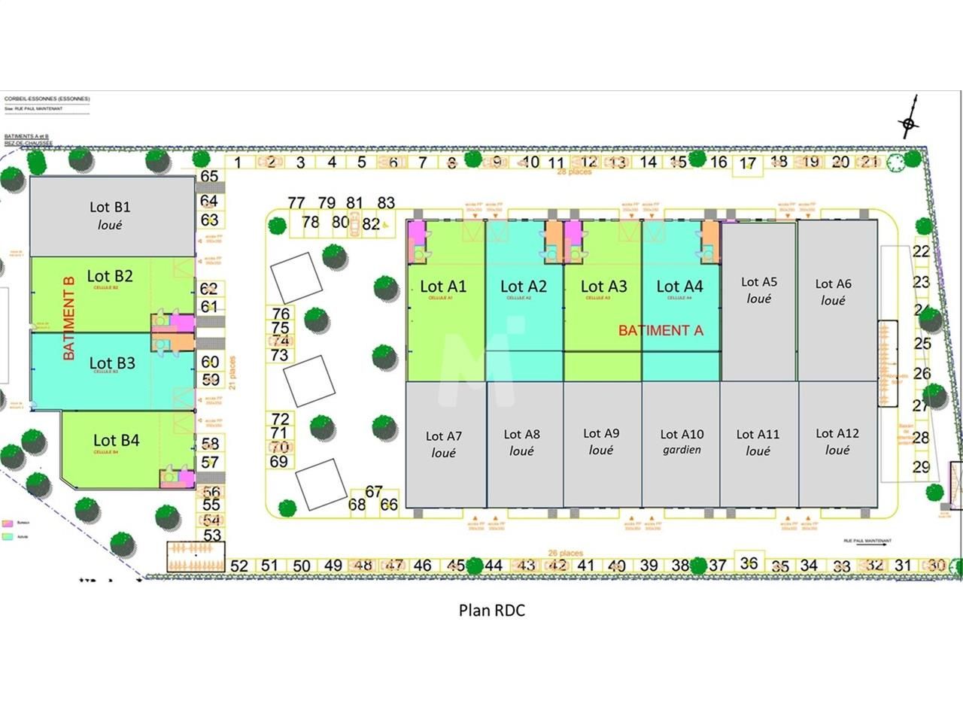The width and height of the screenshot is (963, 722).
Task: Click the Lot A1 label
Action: [443, 287]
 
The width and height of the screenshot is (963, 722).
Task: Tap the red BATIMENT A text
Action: [661, 330]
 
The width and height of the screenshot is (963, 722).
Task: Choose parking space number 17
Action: [747, 164]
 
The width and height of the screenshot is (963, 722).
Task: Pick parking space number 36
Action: [749, 563]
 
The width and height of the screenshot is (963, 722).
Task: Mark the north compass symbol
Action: [909, 123]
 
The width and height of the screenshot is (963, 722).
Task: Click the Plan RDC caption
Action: [492, 610]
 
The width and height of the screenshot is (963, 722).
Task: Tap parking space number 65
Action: [209, 177]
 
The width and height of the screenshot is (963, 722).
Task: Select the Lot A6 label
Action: [833, 284]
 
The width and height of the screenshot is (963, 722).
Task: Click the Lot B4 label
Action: [116, 441]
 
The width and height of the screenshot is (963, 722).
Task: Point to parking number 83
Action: [386, 203]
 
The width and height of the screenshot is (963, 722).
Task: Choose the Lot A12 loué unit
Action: [837, 441]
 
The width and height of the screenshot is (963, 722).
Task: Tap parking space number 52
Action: [239, 566]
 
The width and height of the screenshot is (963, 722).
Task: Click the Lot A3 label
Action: [603, 287]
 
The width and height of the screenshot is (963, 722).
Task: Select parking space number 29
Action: [922, 466]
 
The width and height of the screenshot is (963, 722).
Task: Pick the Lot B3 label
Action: [112, 363]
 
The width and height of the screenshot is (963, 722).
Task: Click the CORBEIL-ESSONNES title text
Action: [47, 99]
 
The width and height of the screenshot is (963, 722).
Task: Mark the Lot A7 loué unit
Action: [444, 444]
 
